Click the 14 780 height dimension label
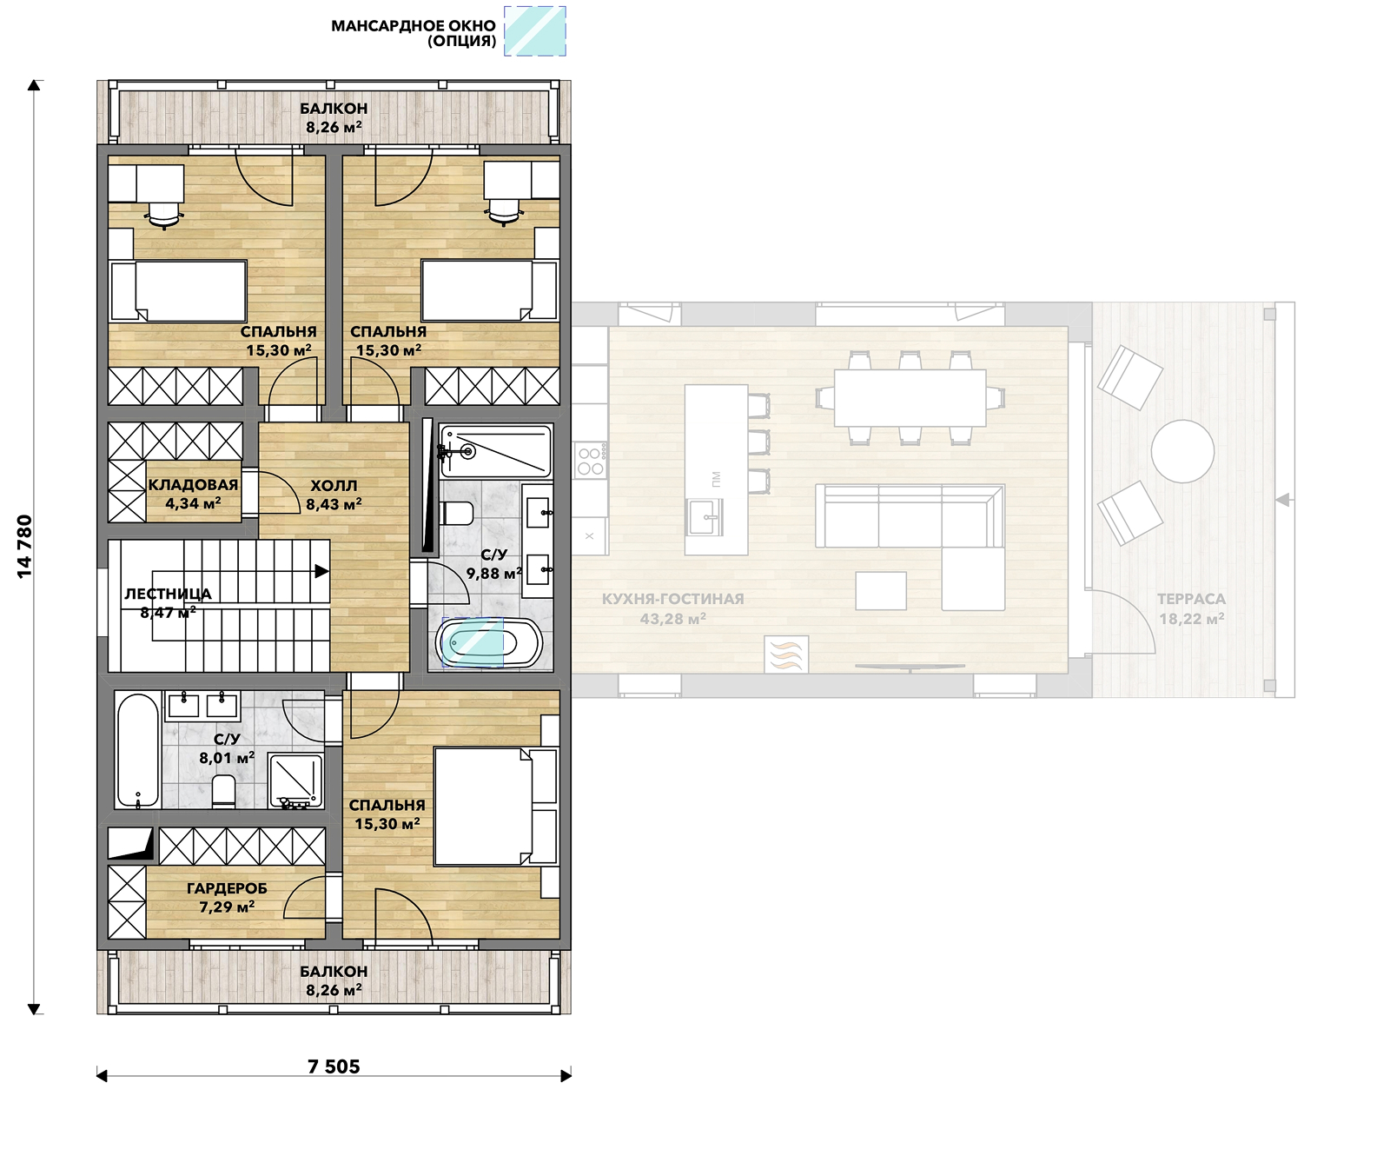pos(24,547)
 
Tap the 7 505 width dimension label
pos(334,1066)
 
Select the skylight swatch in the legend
pos(535,31)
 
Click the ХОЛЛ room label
pos(334,485)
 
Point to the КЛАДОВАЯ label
pos(193,485)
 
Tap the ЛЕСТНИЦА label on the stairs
pos(168,594)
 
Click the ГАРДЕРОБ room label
pos(227,888)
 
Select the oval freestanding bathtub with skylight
pos(489,643)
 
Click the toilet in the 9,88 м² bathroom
pos(457,513)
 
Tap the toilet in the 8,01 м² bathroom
pos(224,791)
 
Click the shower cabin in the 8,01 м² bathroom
pos(295,780)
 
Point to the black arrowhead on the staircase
pos(321,571)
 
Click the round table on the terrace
pos(1182,452)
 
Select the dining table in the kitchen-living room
pos(910,397)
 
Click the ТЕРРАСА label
pos(1191,599)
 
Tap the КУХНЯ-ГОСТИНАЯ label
pos(673,599)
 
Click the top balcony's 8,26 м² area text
pos(334,127)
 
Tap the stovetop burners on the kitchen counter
pos(590,461)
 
